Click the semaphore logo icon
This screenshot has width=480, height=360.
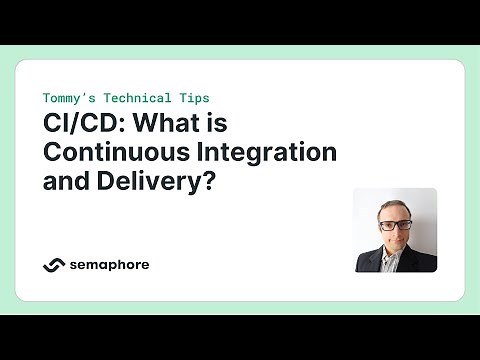54,265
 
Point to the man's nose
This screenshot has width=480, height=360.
395,232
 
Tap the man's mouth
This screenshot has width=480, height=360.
395,242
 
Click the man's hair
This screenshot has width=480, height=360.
396,207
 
